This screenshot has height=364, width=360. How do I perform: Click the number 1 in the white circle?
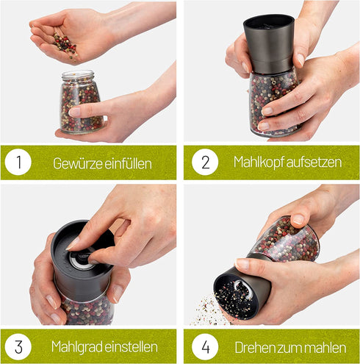(x=19, y=162)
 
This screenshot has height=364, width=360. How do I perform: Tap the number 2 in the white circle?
(x=206, y=162)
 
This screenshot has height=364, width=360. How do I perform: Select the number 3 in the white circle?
(x=18, y=346)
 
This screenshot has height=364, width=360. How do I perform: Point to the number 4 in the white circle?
(x=205, y=346)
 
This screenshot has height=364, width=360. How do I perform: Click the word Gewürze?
(x=78, y=163)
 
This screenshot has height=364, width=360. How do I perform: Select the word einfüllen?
(x=128, y=163)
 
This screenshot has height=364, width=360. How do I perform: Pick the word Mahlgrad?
(x=76, y=347)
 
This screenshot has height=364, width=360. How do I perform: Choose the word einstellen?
(x=131, y=347)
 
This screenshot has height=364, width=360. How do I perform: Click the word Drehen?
(x=253, y=348)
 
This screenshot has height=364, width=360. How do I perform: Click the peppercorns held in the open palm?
(x=65, y=45)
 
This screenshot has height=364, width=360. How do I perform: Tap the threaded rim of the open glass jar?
(x=78, y=75)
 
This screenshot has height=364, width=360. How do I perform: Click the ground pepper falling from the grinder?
(x=208, y=310)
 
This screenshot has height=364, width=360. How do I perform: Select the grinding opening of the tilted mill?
(x=236, y=296)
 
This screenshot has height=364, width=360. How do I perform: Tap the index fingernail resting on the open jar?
(x=74, y=112)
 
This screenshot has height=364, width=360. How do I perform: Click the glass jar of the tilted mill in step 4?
(x=285, y=239)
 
